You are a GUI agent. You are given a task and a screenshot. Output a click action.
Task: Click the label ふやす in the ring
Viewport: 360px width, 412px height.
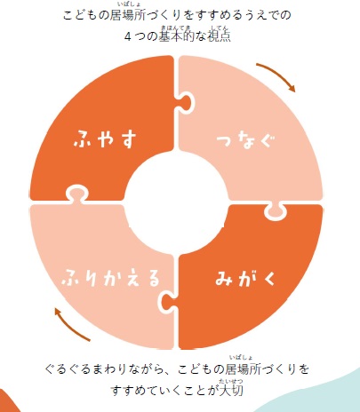click(x=105, y=139)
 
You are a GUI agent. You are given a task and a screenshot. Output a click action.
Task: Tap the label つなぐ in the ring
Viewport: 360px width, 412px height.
click(x=245, y=141)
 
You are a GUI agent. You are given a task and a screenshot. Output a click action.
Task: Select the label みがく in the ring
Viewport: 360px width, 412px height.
click(x=245, y=278)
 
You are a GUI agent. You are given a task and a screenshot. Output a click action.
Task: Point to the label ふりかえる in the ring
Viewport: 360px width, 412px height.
click(x=110, y=277)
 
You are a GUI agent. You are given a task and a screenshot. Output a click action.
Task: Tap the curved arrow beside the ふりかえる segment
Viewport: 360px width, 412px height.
click(x=70, y=326)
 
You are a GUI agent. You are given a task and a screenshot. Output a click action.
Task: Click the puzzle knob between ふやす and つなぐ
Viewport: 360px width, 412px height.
click(x=185, y=102)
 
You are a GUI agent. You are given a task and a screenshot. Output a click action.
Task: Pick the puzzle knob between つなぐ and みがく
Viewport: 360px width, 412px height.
click(x=276, y=210)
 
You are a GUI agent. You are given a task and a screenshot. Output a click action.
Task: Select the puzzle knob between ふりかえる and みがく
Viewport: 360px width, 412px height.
click(x=167, y=301)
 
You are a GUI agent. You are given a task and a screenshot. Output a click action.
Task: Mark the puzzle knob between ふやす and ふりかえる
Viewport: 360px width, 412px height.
click(x=76, y=194)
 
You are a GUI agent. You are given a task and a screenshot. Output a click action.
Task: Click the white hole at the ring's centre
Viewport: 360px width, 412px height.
click(x=177, y=202)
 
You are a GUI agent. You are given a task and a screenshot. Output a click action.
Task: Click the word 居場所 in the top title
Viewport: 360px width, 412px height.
click(x=127, y=15)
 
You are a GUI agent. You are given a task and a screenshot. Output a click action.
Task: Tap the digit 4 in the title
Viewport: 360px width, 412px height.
click(x=128, y=36)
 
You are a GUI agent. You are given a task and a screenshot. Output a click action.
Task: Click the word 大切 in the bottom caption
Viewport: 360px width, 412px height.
click(x=231, y=390)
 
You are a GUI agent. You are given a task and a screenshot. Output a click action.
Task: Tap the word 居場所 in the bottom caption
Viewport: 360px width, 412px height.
click(x=244, y=369)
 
